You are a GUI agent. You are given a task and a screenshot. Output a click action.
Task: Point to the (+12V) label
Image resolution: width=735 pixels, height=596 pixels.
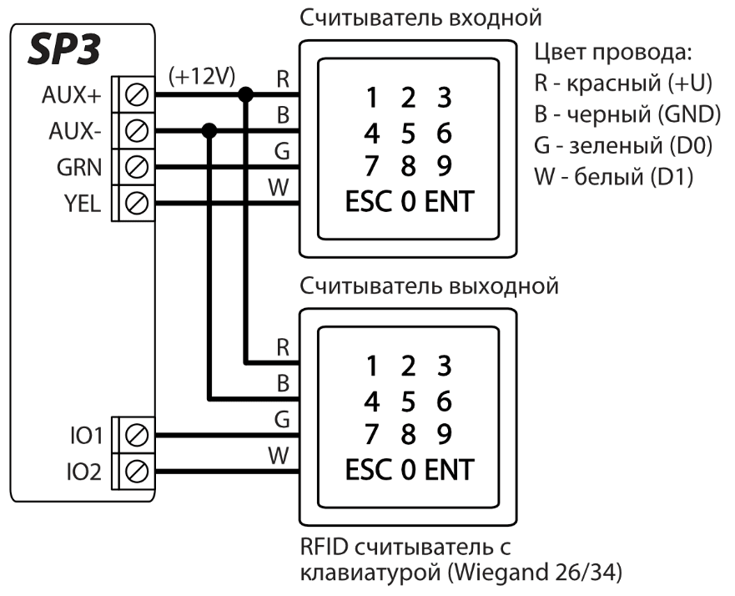(x=200, y=77)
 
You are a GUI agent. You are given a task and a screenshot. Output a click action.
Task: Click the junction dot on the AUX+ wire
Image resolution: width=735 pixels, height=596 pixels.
(x=245, y=95)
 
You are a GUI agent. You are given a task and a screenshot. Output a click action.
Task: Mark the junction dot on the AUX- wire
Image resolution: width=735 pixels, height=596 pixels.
(x=209, y=131)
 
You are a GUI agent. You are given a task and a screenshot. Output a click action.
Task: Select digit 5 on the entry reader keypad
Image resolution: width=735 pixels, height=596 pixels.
(x=408, y=134)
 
